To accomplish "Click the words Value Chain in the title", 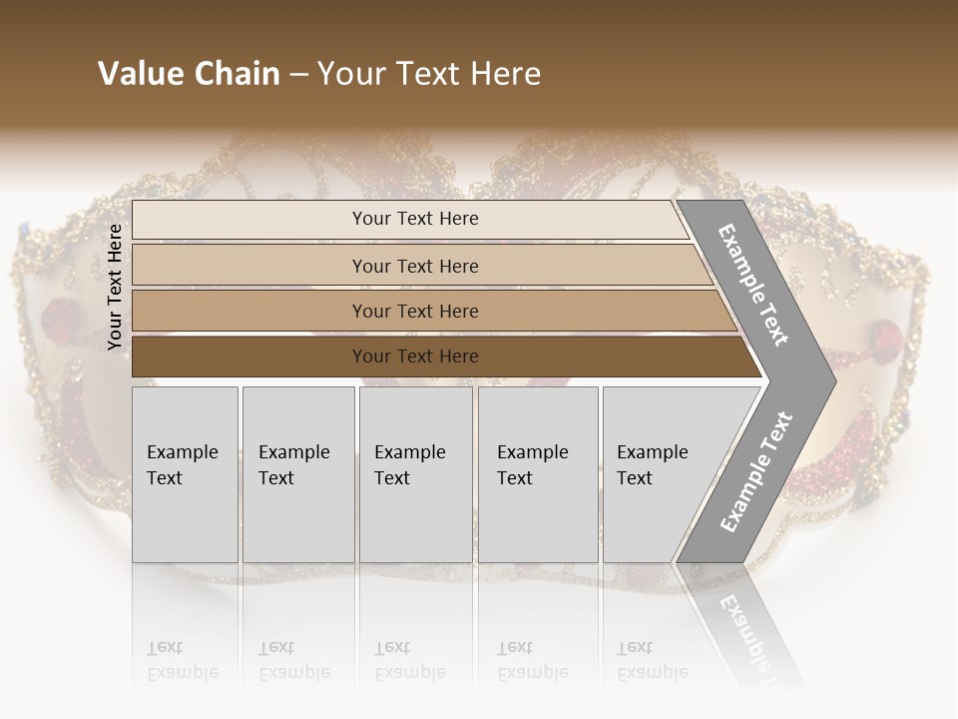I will coord(189,74).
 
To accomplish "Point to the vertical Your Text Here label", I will coord(115,287).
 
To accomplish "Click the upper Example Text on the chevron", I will coord(753,285).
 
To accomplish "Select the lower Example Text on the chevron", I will coord(755,472).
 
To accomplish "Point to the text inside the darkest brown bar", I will coord(415,357).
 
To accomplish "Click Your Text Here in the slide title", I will coord(429,74).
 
